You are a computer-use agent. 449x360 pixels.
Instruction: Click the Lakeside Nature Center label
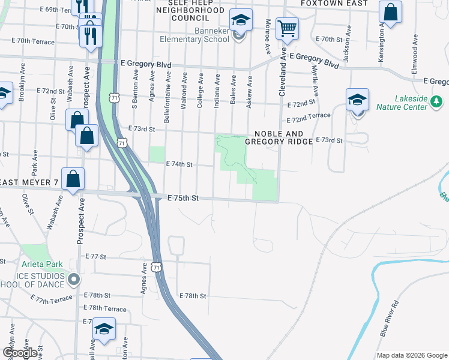pyautogui.click(x=411, y=102)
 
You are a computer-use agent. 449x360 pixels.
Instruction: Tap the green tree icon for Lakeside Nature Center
pyautogui.click(x=436, y=107)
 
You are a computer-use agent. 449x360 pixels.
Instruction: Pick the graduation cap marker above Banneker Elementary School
pyautogui.click(x=241, y=21)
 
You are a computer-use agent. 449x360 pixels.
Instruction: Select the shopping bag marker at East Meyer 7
pyautogui.click(x=73, y=179)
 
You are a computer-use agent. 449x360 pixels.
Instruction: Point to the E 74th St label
pyautogui.click(x=178, y=164)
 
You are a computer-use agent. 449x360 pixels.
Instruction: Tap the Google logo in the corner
pyautogui.click(x=20, y=353)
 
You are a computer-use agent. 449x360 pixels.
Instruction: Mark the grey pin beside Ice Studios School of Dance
pyautogui.click(x=74, y=279)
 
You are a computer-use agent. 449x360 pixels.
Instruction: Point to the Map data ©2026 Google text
pyautogui.click(x=411, y=355)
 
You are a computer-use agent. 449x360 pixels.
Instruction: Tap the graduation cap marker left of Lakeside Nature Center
pyautogui.click(x=357, y=100)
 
